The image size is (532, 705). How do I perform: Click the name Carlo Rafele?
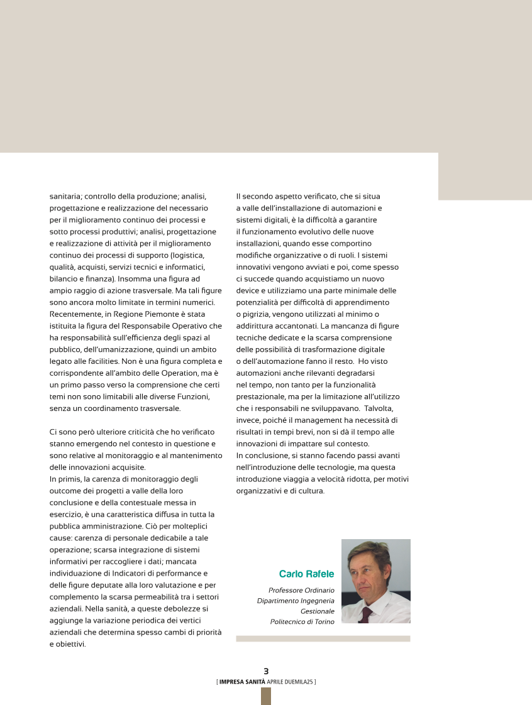pos(306,574)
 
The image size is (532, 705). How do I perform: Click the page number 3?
pos(266,672)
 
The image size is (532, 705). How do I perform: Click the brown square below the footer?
pos(266,696)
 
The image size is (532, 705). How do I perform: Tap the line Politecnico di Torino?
pos(302,621)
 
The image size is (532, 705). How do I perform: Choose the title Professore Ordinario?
pos(301,591)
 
